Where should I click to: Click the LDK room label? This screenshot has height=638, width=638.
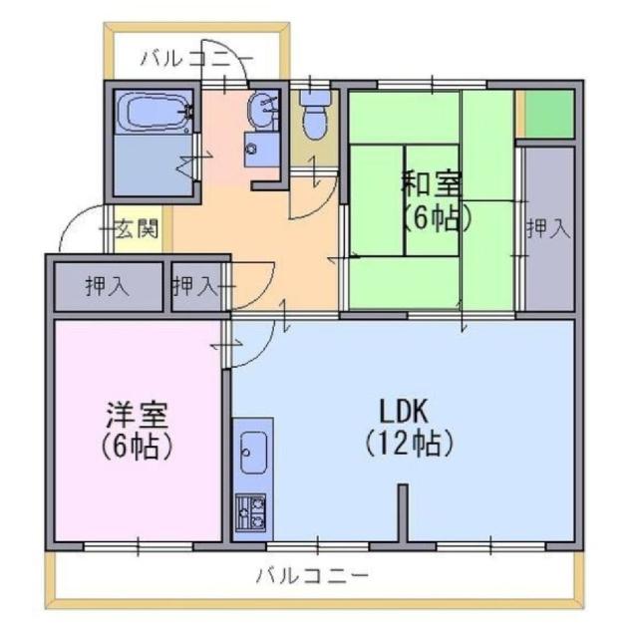point(403,409)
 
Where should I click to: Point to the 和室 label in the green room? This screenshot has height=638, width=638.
point(433,184)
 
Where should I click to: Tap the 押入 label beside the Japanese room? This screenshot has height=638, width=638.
point(548,228)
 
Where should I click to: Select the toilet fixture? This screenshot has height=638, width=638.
point(315,118)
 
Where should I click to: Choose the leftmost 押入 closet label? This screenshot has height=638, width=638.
point(107,287)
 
